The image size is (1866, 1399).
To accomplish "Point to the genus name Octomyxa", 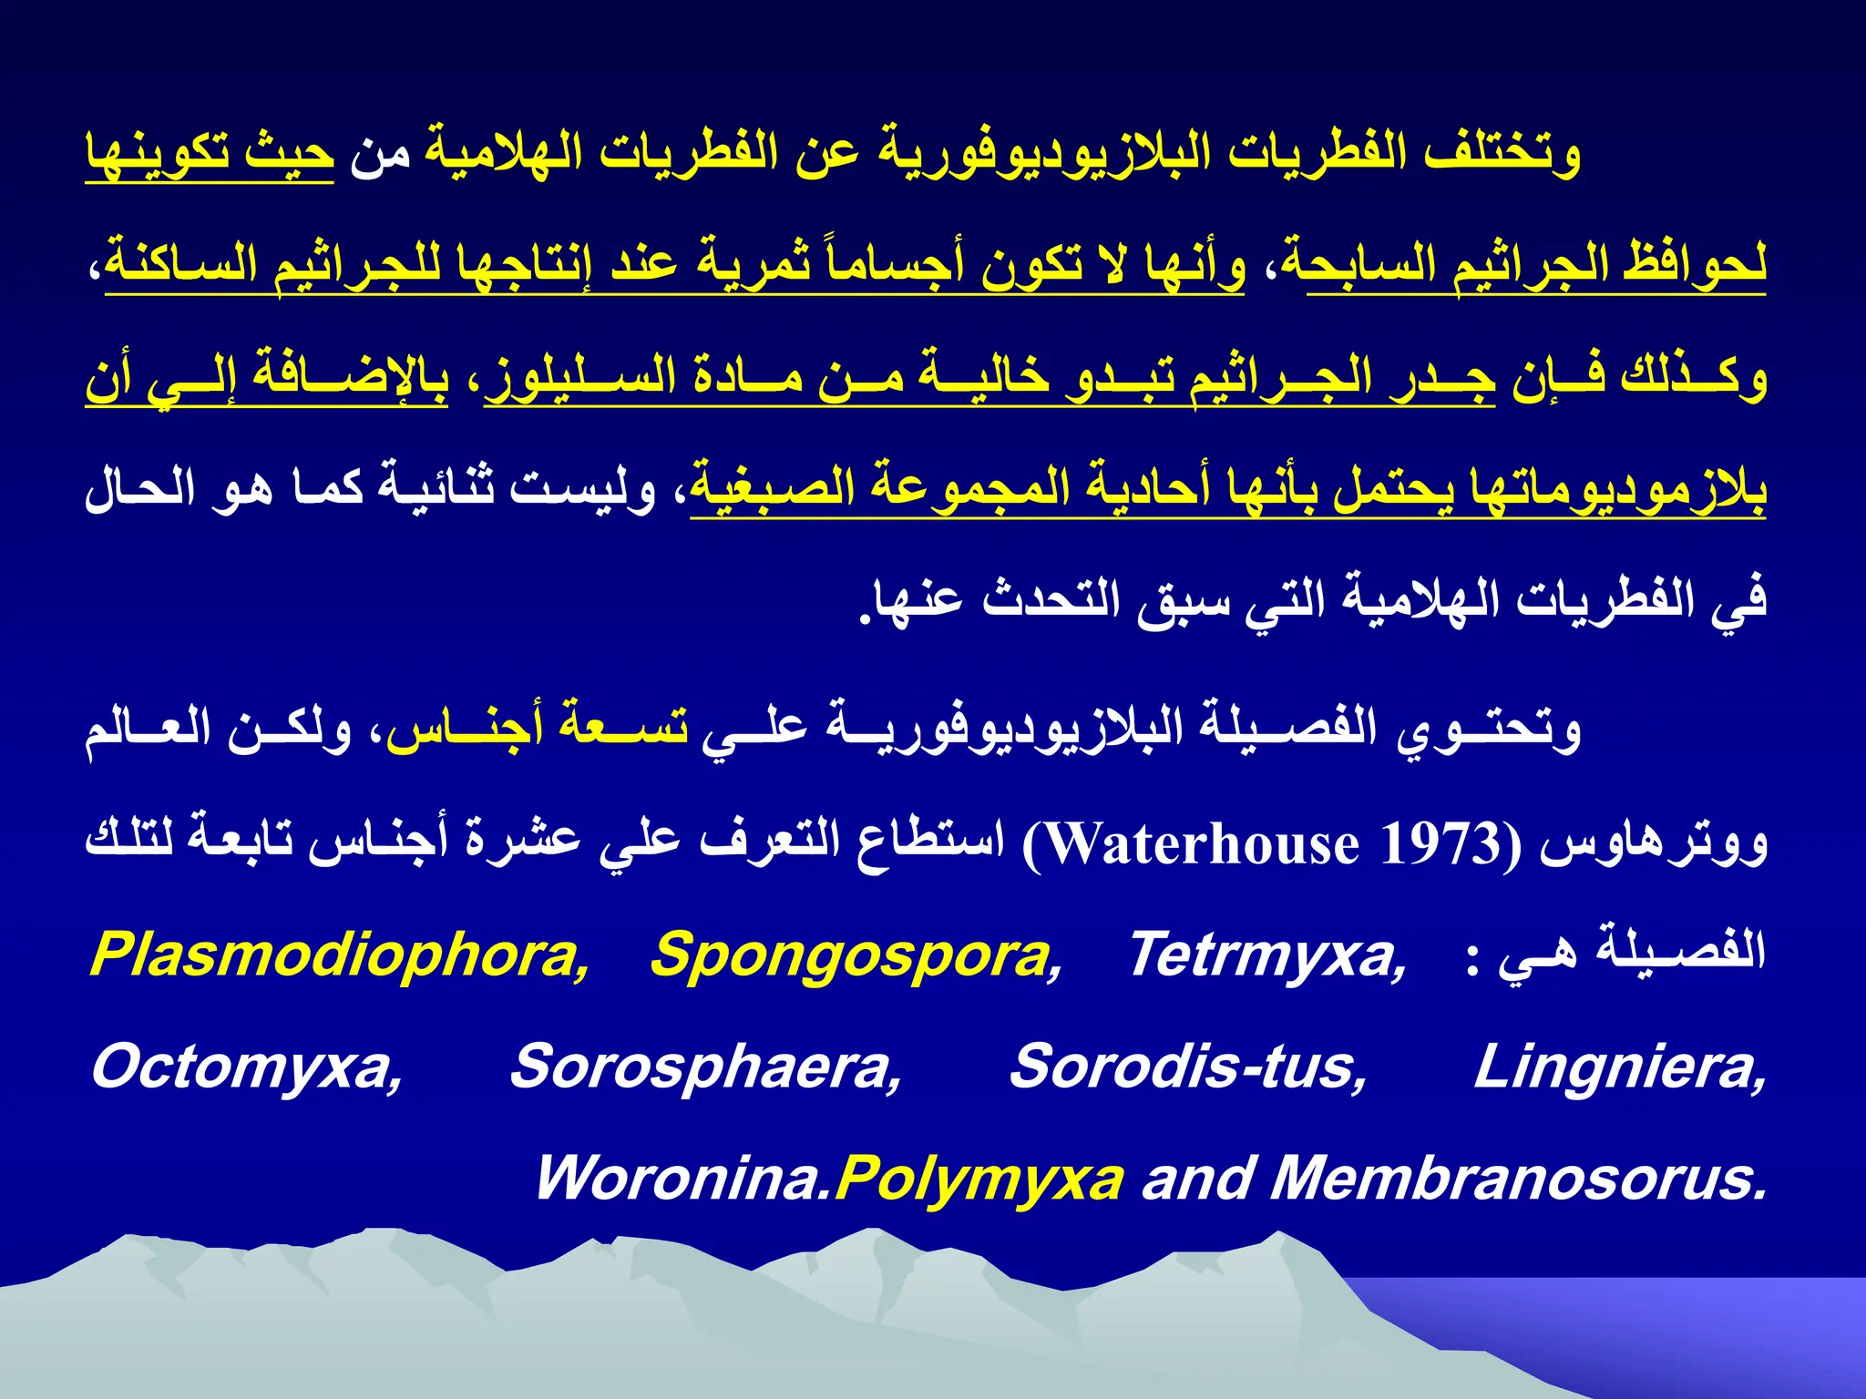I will click(246, 1067).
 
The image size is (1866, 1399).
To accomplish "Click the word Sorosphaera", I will click(705, 1067).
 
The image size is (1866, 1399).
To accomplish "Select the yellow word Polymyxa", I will click(979, 1180).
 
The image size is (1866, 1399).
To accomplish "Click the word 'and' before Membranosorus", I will click(1198, 1179).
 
